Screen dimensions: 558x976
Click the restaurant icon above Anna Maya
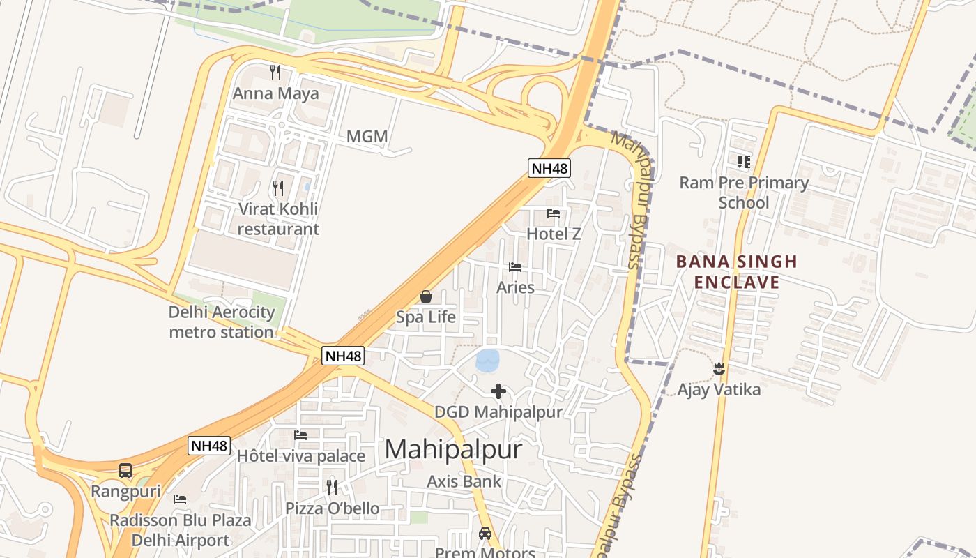(x=275, y=72)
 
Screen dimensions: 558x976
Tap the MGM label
(x=367, y=137)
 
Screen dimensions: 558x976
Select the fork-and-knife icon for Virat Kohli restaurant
(x=278, y=188)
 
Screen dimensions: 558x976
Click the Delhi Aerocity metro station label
(x=222, y=322)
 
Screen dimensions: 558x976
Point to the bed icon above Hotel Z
(x=554, y=213)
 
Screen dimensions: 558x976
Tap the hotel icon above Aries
(x=515, y=267)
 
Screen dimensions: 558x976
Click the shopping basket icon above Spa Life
(x=425, y=297)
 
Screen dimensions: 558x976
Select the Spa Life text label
(x=426, y=317)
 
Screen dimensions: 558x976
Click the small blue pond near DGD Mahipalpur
(x=487, y=361)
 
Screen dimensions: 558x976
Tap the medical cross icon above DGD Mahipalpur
(x=498, y=391)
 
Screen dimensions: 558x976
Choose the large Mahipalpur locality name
(x=453, y=448)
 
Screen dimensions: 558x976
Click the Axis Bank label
(x=464, y=481)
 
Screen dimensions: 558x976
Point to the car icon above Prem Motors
(x=485, y=534)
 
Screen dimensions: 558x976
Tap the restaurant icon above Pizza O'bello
(x=332, y=486)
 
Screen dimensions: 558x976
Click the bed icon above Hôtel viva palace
(x=300, y=435)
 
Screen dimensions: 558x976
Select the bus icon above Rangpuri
(x=125, y=471)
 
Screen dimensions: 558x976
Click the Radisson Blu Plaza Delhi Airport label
(x=180, y=530)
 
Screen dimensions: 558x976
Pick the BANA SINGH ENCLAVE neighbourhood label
(x=737, y=272)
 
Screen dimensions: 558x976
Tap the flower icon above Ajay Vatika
(x=719, y=368)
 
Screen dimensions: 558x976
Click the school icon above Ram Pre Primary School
(x=744, y=162)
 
